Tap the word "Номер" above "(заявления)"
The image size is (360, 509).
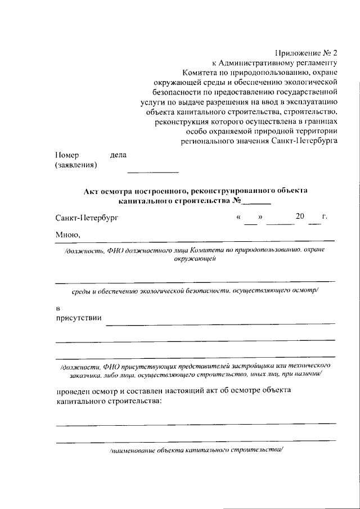67,155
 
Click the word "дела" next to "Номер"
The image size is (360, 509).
119,155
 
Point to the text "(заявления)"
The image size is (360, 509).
76,165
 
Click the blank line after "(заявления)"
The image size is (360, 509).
152,171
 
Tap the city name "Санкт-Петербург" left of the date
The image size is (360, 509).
87,217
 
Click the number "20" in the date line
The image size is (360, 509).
300,217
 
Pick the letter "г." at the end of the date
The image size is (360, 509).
325,217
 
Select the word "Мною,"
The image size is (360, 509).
68,235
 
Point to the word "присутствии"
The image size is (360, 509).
78,318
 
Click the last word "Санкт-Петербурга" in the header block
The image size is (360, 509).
306,141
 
